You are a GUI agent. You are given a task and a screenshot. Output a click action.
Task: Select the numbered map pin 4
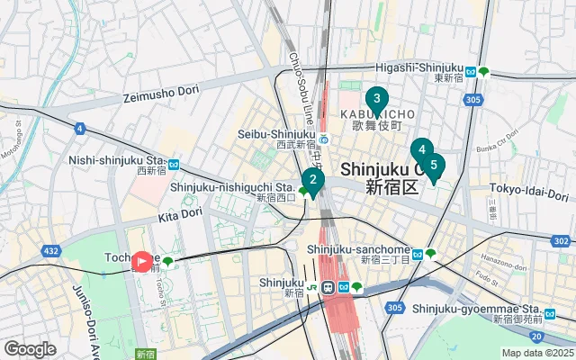[421, 150]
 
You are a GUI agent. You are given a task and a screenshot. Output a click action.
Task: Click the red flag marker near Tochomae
[142, 262]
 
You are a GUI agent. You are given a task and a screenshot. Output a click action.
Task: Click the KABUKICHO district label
[378, 113]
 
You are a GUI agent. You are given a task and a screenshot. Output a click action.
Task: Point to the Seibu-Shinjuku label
[274, 134]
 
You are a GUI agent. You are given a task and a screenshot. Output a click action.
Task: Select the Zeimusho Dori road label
[159, 95]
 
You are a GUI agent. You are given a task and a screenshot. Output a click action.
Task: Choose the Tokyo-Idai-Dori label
[529, 191]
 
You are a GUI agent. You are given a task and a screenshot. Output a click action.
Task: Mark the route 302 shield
[561, 241]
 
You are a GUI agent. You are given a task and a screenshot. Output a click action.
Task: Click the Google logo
[30, 349]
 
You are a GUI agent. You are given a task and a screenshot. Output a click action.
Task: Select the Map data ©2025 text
[536, 353]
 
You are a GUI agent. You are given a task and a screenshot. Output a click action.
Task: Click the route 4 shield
[80, 129]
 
